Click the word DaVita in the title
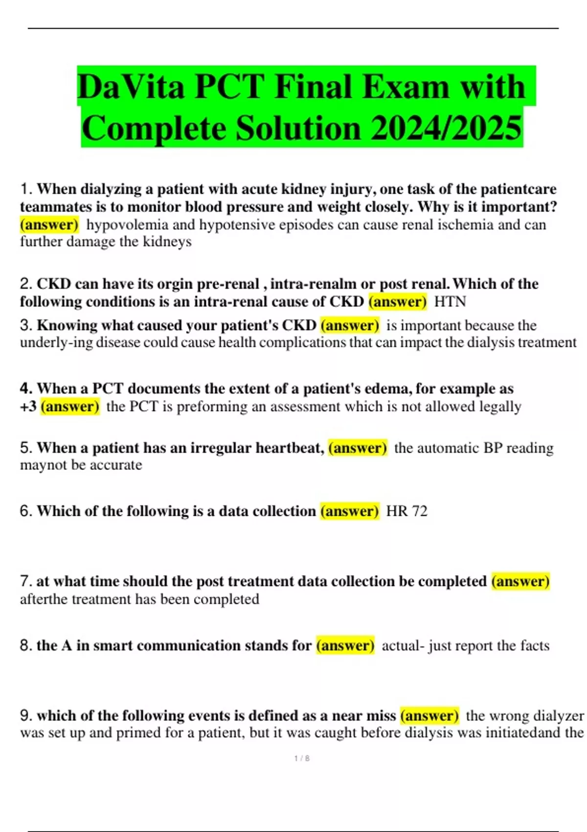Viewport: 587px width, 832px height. pyautogui.click(x=131, y=87)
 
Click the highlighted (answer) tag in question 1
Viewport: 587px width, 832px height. pyautogui.click(x=49, y=225)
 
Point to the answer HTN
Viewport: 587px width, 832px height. pyautogui.click(x=450, y=301)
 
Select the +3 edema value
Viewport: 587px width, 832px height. pyautogui.click(x=28, y=407)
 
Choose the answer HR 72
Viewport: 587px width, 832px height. pyautogui.click(x=406, y=511)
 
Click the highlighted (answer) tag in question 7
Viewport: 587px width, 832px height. pyautogui.click(x=520, y=581)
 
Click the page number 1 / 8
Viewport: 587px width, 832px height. pyautogui.click(x=302, y=759)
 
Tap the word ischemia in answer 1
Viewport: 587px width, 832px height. pyautogui.click(x=466, y=225)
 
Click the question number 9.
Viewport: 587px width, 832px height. pyautogui.click(x=26, y=716)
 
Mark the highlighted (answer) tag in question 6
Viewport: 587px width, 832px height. pyautogui.click(x=349, y=511)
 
